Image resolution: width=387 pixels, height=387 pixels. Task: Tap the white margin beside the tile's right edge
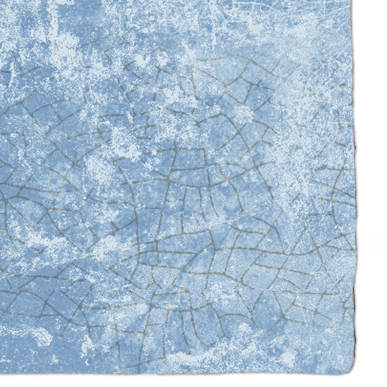(372, 193)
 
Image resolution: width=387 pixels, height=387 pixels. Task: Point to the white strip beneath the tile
(193, 381)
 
